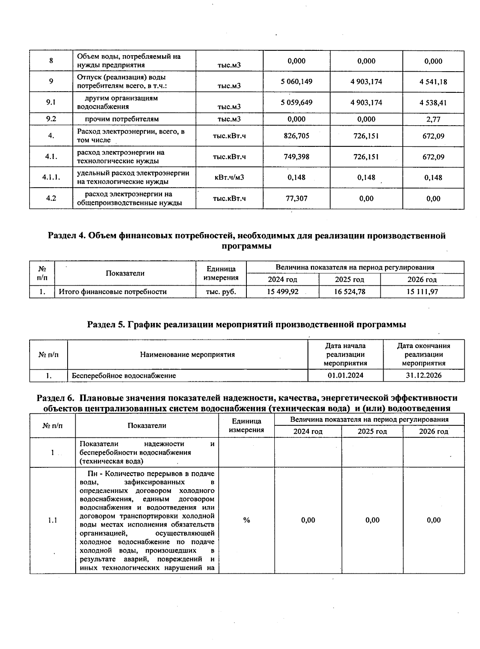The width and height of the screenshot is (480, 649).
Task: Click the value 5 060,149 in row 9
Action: click(296, 82)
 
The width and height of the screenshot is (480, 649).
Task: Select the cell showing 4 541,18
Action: click(433, 82)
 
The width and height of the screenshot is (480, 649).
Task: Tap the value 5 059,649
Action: click(296, 102)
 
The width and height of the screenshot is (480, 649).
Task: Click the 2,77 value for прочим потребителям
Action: click(433, 119)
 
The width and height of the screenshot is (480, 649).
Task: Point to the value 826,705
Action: click(296, 136)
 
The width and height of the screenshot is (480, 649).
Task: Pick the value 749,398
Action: click(296, 156)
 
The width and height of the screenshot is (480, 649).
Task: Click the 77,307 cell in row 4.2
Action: click(296, 198)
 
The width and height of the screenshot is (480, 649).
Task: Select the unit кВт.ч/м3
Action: click(229, 177)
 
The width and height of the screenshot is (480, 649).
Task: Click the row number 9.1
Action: click(51, 102)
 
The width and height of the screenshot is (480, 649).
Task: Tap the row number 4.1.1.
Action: click(51, 177)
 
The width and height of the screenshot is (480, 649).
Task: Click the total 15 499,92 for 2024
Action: click(282, 292)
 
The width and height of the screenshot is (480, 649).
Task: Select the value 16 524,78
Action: click(350, 292)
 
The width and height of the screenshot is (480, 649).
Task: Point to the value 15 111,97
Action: click(422, 292)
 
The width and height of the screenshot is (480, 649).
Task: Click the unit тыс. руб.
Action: click(221, 292)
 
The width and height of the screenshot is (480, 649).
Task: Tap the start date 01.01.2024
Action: click(345, 375)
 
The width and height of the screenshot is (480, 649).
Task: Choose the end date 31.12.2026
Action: click(424, 375)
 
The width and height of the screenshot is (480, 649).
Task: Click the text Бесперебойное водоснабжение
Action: click(124, 375)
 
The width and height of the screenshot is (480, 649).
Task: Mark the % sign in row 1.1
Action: click(246, 520)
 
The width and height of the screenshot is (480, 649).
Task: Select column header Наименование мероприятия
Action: click(187, 354)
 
